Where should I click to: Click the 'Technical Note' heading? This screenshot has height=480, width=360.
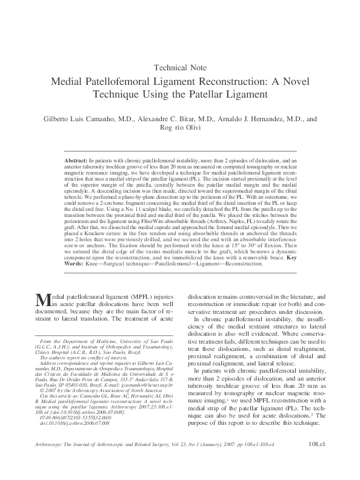pyautogui.click(x=180, y=67)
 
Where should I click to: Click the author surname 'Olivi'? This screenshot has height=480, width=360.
pyautogui.click(x=195, y=129)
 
